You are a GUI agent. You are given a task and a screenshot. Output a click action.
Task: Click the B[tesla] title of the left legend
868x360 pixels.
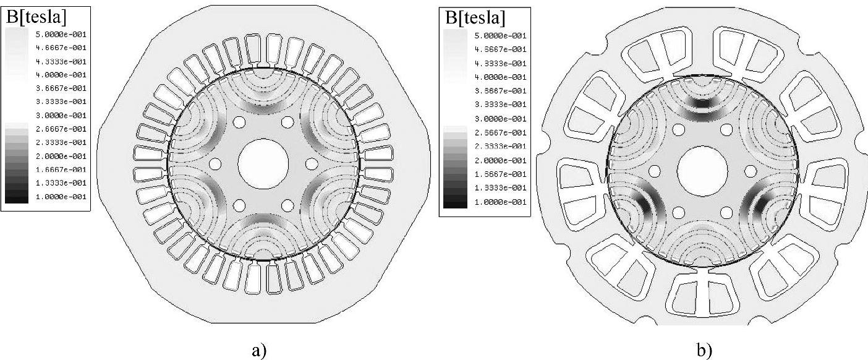click(x=36, y=17)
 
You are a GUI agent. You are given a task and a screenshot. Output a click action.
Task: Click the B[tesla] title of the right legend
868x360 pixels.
click(x=475, y=18)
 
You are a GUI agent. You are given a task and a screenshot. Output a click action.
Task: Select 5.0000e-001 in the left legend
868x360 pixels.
click(x=61, y=35)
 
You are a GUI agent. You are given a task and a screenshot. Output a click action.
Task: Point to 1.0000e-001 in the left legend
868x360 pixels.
click(x=61, y=197)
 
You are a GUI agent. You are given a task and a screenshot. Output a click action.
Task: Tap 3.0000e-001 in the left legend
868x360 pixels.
click(x=61, y=116)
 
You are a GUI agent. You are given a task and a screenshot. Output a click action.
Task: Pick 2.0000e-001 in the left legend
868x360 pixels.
click(x=61, y=156)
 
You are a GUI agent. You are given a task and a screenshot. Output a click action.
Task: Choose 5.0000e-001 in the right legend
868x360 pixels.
click(x=500, y=36)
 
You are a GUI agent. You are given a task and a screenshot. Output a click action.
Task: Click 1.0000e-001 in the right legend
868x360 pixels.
click(x=500, y=202)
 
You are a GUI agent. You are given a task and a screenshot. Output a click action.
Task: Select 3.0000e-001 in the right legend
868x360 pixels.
click(x=500, y=119)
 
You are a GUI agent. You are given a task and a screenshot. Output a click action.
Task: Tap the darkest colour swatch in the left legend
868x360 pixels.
click(x=17, y=199)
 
